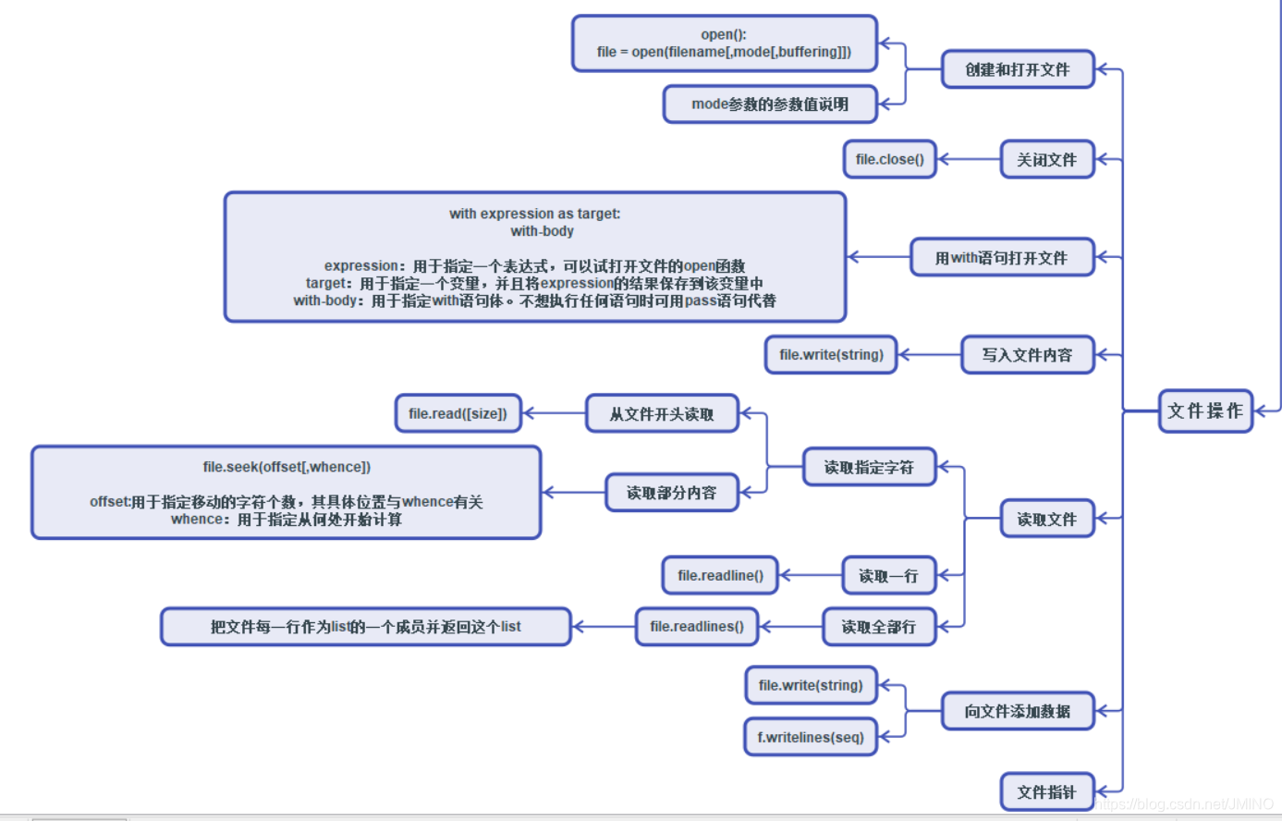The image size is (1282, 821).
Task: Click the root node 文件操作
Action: pos(1205,410)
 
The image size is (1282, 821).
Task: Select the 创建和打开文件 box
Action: pos(1017,69)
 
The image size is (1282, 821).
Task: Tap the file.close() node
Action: pos(889,159)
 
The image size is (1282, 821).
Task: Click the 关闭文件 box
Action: pos(1046,159)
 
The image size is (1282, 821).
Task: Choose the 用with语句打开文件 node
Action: pos(1001,257)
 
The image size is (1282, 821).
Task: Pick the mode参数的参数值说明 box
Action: pos(769,104)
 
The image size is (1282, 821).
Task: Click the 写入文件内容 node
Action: pos(1027,354)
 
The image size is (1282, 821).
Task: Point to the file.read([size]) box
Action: pos(458,413)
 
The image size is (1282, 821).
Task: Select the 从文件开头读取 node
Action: pos(662,413)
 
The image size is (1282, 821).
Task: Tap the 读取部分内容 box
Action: pos(671,493)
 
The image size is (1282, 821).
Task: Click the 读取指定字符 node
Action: pos(869,467)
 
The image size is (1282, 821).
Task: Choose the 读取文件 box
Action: pos(1046,519)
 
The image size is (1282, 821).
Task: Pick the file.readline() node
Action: pos(720,575)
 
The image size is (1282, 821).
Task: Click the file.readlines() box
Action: pos(696,626)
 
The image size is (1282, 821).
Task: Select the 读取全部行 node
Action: pos(878,626)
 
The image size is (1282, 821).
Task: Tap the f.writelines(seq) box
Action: pos(811,737)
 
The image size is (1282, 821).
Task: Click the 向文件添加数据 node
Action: pos(1017,711)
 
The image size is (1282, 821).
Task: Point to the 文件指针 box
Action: pos(1046,791)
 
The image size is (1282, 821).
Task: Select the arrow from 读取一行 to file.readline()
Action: pos(811,575)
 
